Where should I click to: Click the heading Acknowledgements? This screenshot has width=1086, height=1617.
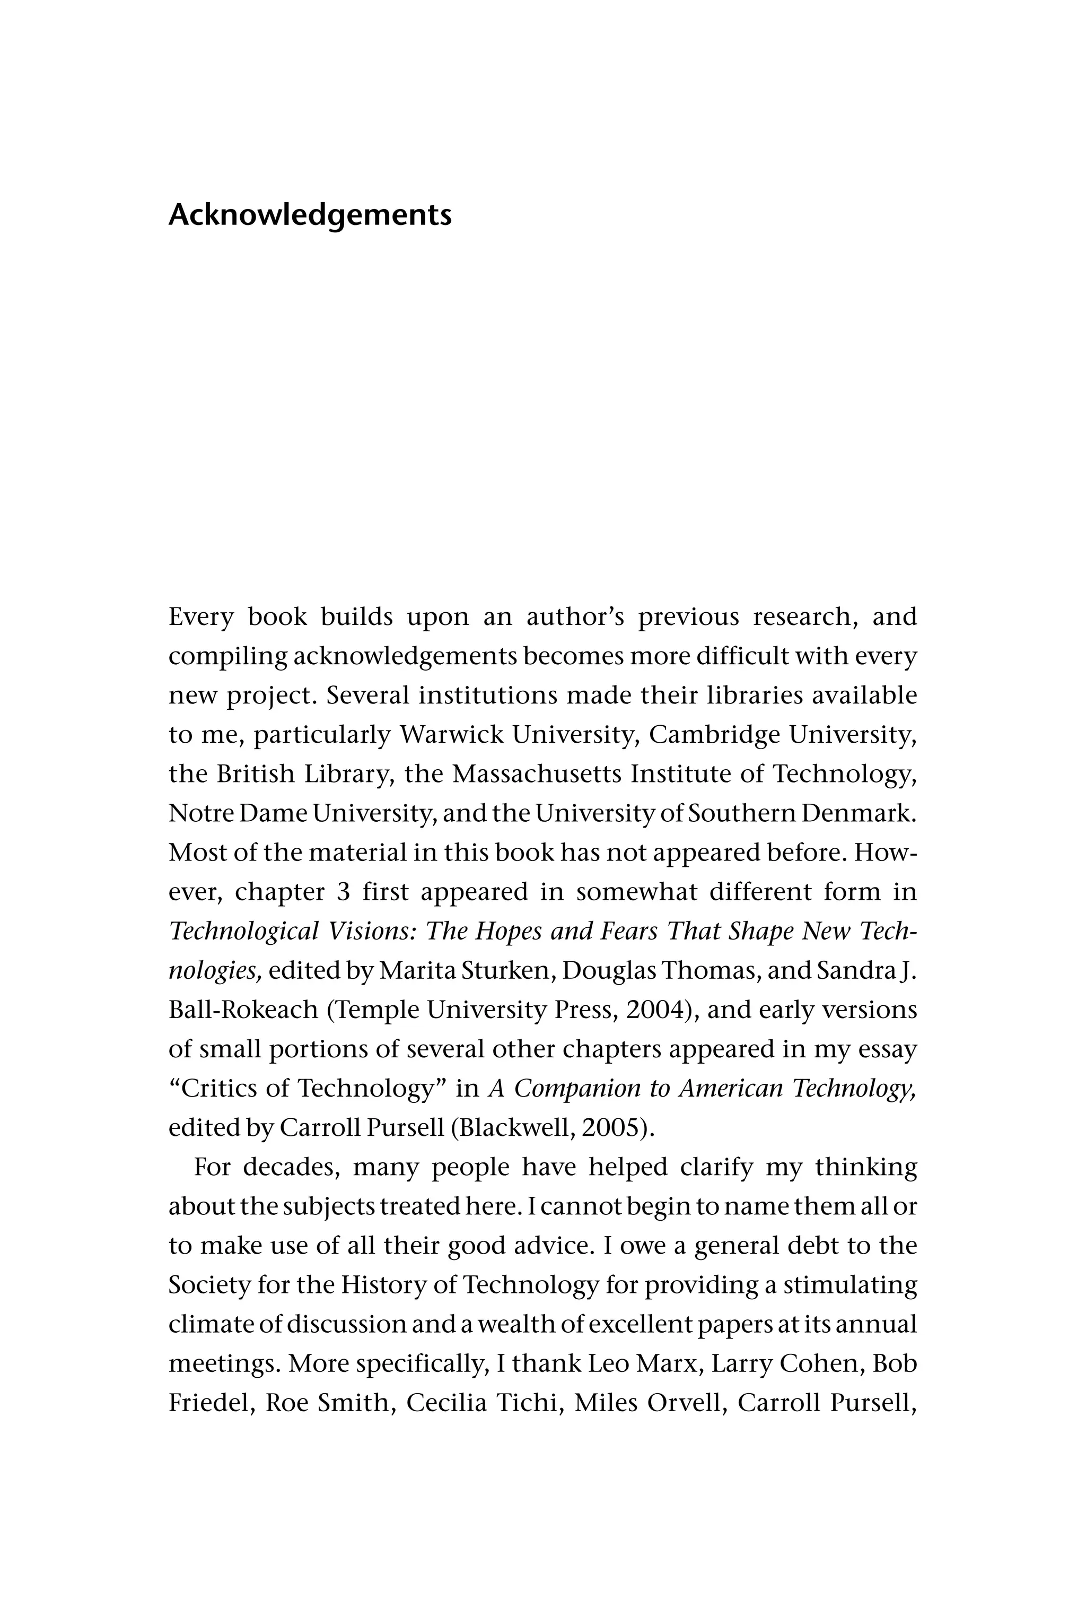310,215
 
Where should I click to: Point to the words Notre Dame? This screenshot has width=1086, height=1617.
238,813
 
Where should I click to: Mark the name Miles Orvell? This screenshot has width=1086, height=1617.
650,1403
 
